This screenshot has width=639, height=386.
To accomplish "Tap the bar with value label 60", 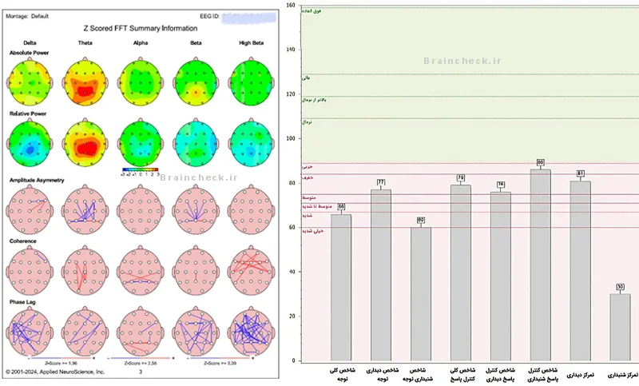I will pos(421,296).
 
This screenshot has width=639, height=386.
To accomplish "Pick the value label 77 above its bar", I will pos(381,182).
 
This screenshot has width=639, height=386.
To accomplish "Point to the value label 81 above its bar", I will pos(581,173).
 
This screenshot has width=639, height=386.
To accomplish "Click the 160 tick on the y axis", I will pos(291,6).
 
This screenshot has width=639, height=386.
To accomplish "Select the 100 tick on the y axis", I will pos(291,139).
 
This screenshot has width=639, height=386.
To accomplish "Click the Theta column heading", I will pos(85,42).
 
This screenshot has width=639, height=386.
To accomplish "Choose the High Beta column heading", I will pos(251,42).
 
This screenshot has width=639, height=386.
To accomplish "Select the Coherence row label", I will pos(22,240).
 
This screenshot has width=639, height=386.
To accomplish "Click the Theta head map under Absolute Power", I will pos(85,83).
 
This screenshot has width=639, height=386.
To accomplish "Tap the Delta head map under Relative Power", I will pos(30,145).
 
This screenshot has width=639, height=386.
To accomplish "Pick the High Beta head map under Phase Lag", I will pos(251,332).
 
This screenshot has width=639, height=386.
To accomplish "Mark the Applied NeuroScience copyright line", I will pos(54,372).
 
